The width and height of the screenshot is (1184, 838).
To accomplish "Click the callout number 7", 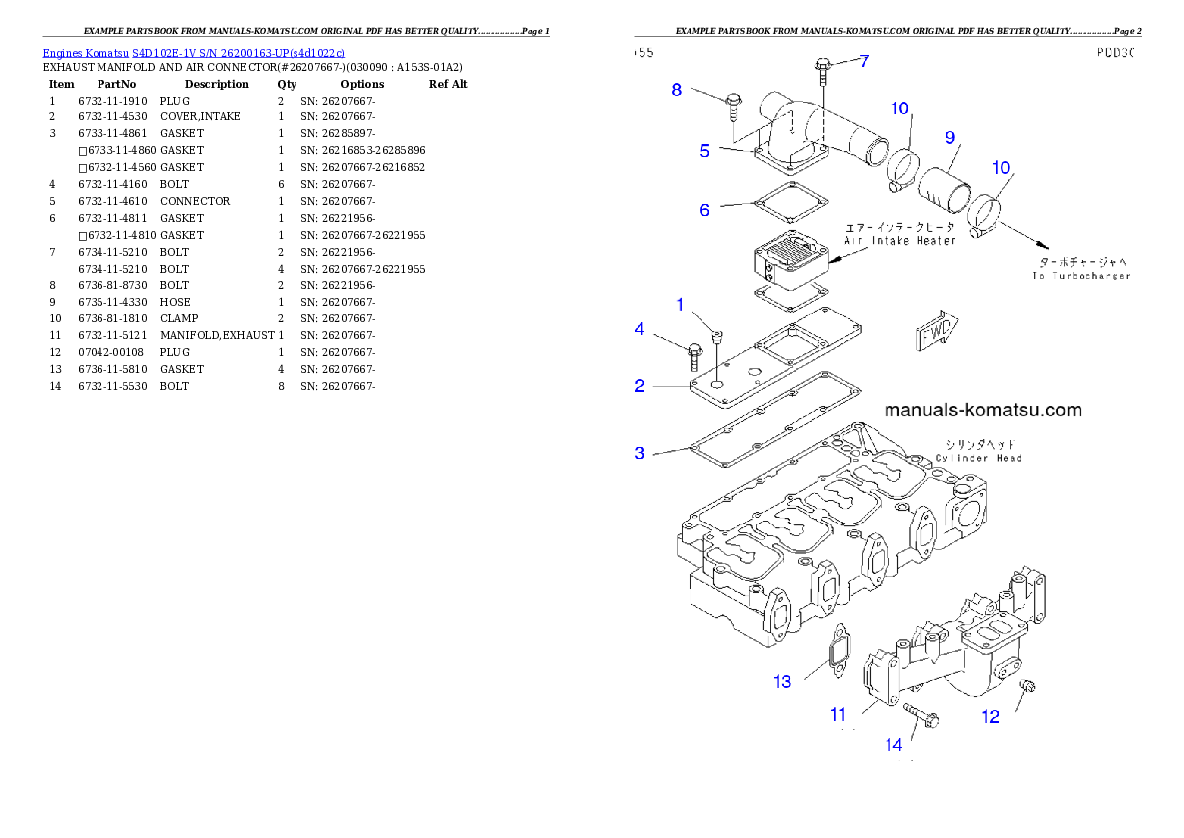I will [864, 61].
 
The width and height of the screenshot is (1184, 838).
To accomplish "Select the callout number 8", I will [677, 89].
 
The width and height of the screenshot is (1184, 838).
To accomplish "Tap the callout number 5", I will [704, 151].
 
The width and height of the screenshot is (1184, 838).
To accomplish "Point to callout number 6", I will [704, 210].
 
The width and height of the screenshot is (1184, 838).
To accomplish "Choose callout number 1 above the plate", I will [681, 304].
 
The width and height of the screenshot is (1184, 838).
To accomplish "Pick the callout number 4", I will [640, 328].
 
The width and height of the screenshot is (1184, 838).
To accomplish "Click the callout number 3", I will [640, 453].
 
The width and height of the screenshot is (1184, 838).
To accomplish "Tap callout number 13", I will [783, 682].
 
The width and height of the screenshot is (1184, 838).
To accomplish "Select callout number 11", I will [838, 714].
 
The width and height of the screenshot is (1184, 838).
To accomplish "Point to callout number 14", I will [894, 744].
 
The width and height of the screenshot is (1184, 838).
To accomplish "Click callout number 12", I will [991, 716].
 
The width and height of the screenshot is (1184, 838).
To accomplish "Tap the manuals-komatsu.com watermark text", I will [981, 410].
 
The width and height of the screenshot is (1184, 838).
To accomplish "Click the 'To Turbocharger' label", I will [1081, 275].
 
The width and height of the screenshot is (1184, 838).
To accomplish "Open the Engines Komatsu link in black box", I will [194, 52].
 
